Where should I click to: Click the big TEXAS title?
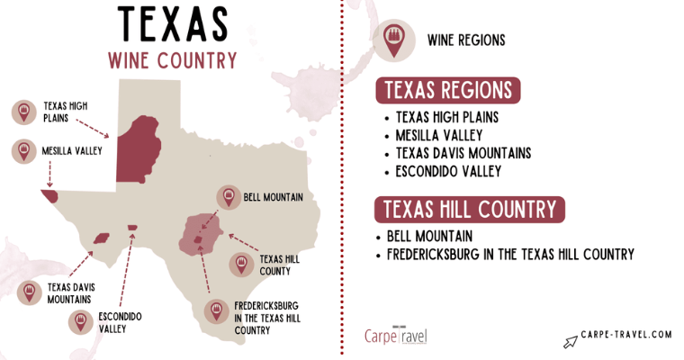point(172,23)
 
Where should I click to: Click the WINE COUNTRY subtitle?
point(172,60)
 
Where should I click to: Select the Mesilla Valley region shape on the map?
point(49,195)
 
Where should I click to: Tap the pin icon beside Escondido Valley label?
point(80,322)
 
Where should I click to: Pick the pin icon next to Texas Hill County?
point(240,264)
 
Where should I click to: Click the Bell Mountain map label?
point(273,196)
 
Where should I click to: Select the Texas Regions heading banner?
point(448,91)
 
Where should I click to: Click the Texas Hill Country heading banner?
point(470,210)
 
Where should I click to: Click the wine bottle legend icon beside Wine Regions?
point(393,39)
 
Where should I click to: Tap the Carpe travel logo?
point(397,336)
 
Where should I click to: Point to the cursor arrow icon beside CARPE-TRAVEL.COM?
point(569,340)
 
